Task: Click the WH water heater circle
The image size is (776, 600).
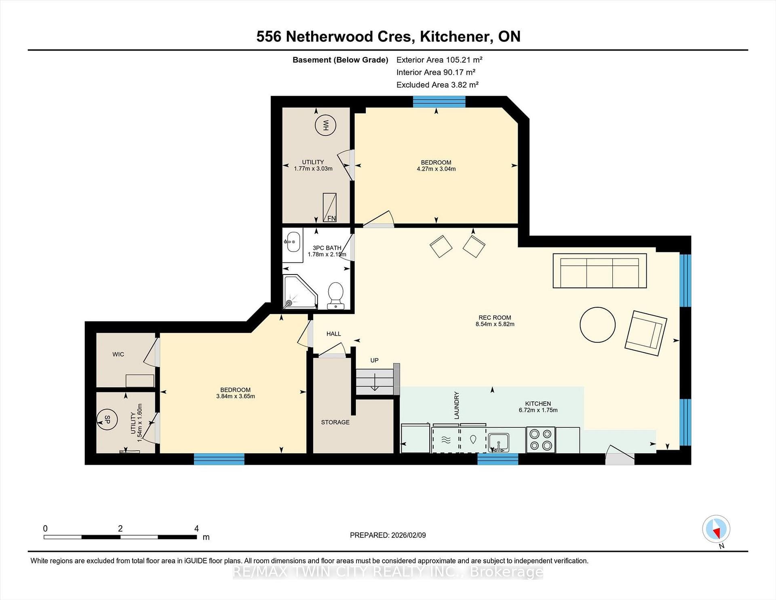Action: [326, 125]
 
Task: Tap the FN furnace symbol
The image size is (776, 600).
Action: [329, 207]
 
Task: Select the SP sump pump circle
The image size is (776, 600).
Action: [107, 420]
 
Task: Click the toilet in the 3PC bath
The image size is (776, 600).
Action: [335, 296]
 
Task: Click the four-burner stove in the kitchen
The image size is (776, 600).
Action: [541, 440]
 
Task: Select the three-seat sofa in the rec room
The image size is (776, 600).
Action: [600, 270]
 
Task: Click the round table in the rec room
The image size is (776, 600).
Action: [597, 325]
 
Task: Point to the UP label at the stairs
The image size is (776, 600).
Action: [374, 360]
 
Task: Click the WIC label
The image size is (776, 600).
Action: [118, 354]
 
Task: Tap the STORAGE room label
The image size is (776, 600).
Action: [335, 422]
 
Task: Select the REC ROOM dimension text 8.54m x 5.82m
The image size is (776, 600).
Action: [495, 324]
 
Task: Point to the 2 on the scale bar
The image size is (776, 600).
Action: [120, 528]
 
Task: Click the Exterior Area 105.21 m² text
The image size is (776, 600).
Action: [439, 60]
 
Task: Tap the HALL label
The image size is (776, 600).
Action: [333, 334]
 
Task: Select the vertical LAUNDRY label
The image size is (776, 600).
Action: [457, 405]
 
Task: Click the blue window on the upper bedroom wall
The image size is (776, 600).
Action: [439, 101]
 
